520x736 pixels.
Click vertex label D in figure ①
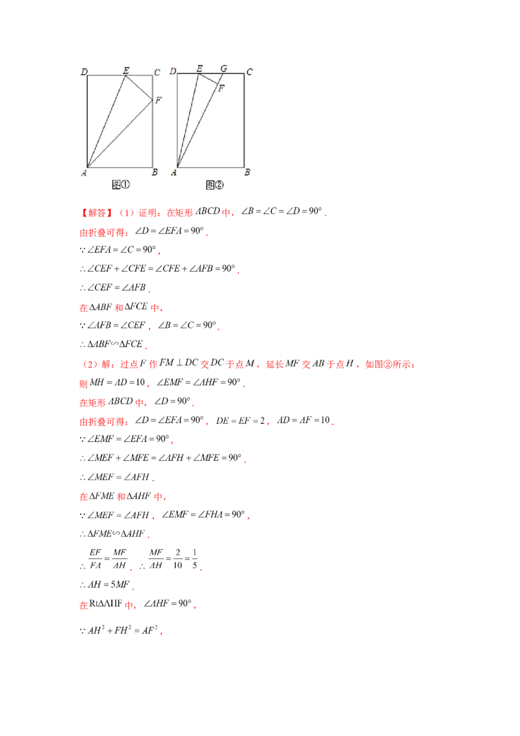[84, 71]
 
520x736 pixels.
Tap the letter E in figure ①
[125, 70]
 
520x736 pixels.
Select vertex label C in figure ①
[157, 72]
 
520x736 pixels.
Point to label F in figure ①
[158, 99]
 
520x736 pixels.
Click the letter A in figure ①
[84, 172]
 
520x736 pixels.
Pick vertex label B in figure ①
[155, 172]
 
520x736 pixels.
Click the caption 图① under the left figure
[122, 185]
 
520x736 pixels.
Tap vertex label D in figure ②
[174, 71]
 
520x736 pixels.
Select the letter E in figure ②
[199, 69]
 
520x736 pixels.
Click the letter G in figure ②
[224, 69]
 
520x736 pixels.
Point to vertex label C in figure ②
[249, 72]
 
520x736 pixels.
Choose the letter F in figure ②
[221, 88]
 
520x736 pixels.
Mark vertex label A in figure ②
[174, 172]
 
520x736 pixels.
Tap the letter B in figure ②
[247, 172]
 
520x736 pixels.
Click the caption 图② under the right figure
[214, 185]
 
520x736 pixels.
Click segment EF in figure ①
[138, 88]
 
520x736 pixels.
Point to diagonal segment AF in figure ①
[120, 133]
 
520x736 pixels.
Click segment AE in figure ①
[106, 121]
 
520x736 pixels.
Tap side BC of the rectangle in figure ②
[244, 121]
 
